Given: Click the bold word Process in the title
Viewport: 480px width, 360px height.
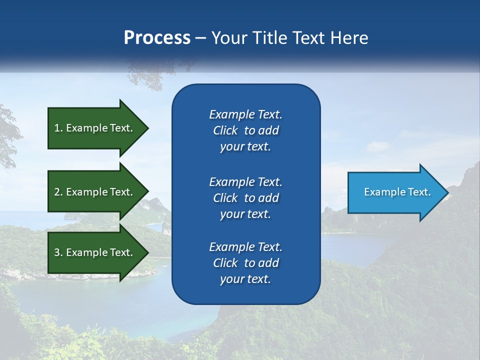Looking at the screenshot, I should coord(157,37).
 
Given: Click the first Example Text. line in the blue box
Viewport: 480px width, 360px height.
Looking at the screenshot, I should coord(245,114).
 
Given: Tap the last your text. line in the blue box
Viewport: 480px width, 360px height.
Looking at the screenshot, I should coord(245,279).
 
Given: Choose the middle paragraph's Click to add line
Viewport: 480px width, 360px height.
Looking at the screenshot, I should coord(245,198).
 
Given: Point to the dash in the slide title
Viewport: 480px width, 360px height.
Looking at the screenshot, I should coord(200,38).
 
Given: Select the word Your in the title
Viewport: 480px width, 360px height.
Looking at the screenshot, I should coord(227,37).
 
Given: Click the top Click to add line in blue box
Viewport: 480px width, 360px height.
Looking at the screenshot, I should coord(245,130).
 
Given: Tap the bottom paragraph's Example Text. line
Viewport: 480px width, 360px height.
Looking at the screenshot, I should coord(245,247).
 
